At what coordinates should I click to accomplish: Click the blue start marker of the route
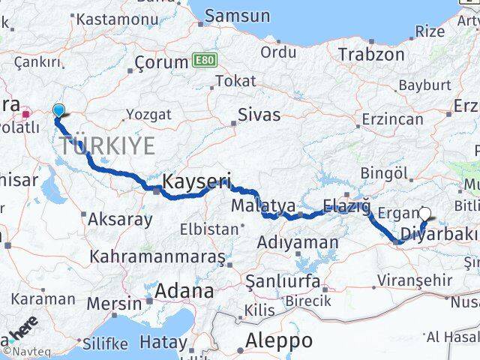(58, 111)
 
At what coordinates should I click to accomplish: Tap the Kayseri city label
(196, 181)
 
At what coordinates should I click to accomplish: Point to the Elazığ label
(346, 205)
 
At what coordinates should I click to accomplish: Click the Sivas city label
(259, 115)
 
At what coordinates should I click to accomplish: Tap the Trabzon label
(370, 54)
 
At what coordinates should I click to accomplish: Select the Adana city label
(184, 290)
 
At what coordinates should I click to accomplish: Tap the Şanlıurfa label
(283, 282)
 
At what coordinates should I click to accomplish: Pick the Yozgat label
(148, 115)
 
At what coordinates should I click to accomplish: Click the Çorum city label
(160, 63)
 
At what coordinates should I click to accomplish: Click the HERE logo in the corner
(22, 328)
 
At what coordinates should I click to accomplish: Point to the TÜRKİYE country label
(107, 145)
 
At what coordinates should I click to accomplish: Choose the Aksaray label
(120, 220)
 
